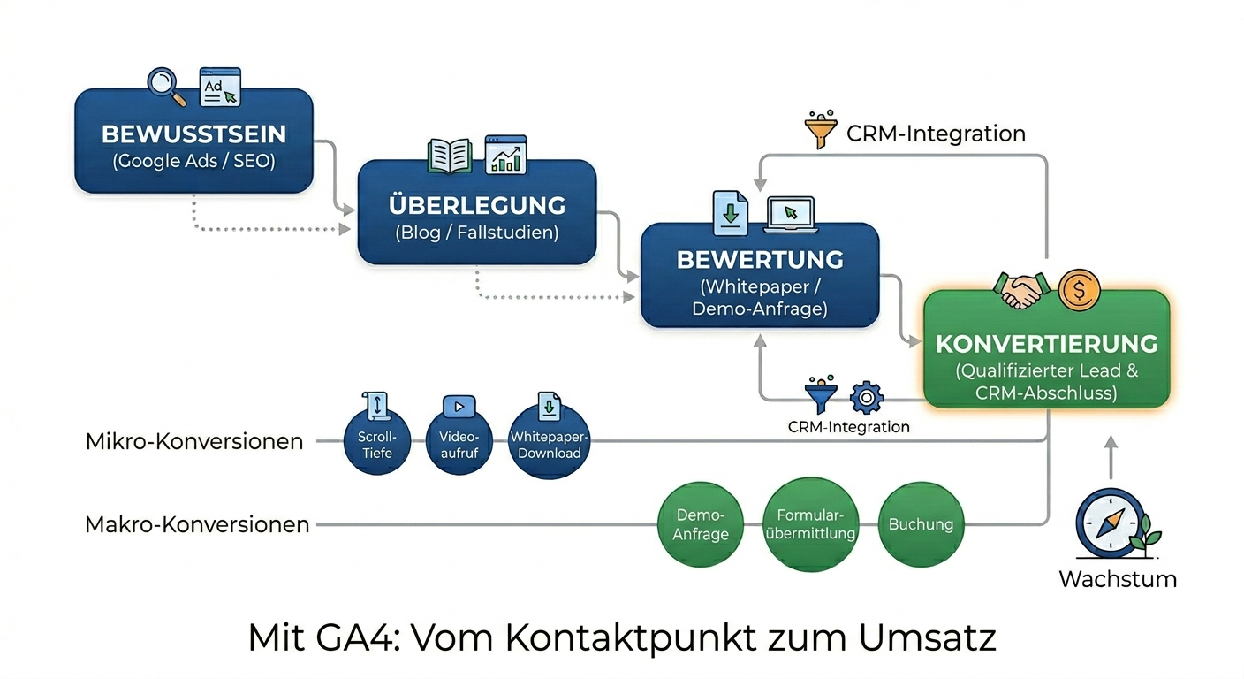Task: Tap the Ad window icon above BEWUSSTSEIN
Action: click(x=219, y=87)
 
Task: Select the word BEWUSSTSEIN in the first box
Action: click(x=193, y=134)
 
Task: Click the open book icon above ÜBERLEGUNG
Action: click(x=449, y=156)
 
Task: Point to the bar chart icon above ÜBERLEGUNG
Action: click(x=505, y=155)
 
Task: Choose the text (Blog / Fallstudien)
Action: click(x=476, y=233)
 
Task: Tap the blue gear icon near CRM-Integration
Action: click(x=866, y=397)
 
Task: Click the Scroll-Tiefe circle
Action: click(x=376, y=442)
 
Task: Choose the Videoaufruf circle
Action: click(x=459, y=442)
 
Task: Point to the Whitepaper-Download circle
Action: click(x=550, y=442)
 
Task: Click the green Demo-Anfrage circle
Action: click(x=700, y=524)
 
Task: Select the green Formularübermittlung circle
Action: click(x=810, y=524)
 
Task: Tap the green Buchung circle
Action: click(x=921, y=524)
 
